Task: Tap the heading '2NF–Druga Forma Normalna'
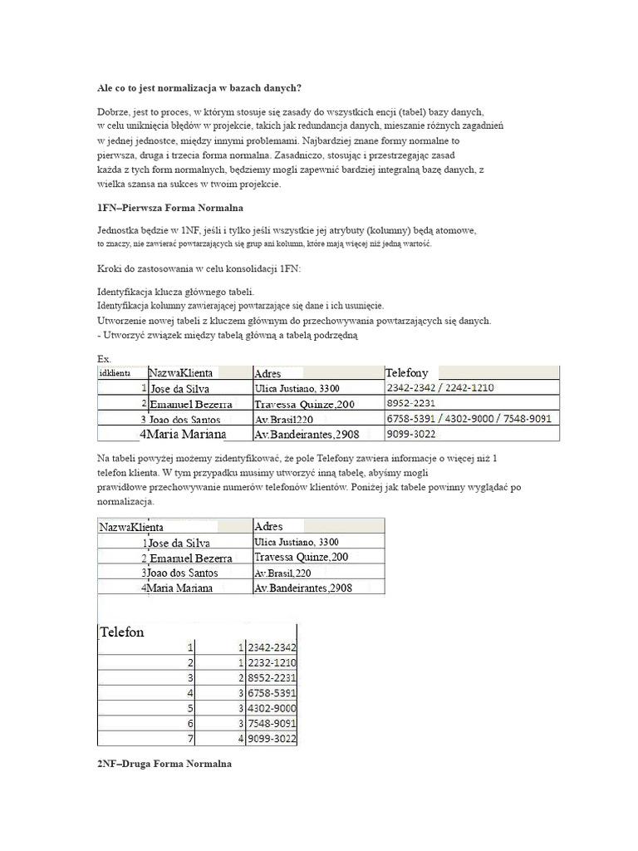click(x=164, y=763)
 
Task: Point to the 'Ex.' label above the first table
click(x=104, y=358)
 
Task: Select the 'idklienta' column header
click(x=114, y=374)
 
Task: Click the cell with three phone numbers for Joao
click(x=468, y=419)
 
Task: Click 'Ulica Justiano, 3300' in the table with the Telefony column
click(x=297, y=388)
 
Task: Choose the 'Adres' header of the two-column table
click(x=268, y=526)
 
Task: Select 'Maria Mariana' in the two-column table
click(x=179, y=588)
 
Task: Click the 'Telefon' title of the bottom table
click(x=122, y=632)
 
